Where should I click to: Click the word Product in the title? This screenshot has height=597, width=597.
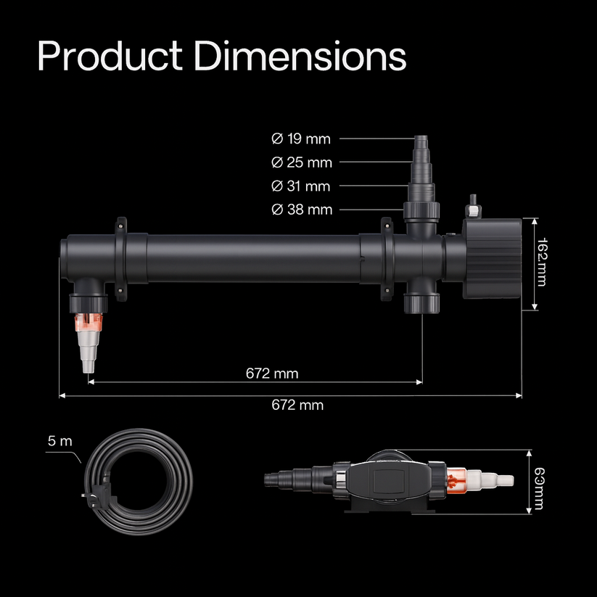[x=110, y=57]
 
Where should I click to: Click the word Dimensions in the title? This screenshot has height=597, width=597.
[x=300, y=56]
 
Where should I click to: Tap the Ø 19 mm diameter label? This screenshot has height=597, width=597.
[x=301, y=139]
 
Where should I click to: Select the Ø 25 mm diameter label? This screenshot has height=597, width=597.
[x=302, y=162]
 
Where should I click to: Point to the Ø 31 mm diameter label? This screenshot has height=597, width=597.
[x=301, y=186]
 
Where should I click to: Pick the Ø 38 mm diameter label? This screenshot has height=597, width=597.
[x=302, y=210]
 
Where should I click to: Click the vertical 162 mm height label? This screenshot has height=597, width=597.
[x=541, y=262]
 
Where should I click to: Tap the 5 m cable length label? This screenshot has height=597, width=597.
[x=59, y=441]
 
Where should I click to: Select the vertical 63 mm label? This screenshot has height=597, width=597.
[x=539, y=488]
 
